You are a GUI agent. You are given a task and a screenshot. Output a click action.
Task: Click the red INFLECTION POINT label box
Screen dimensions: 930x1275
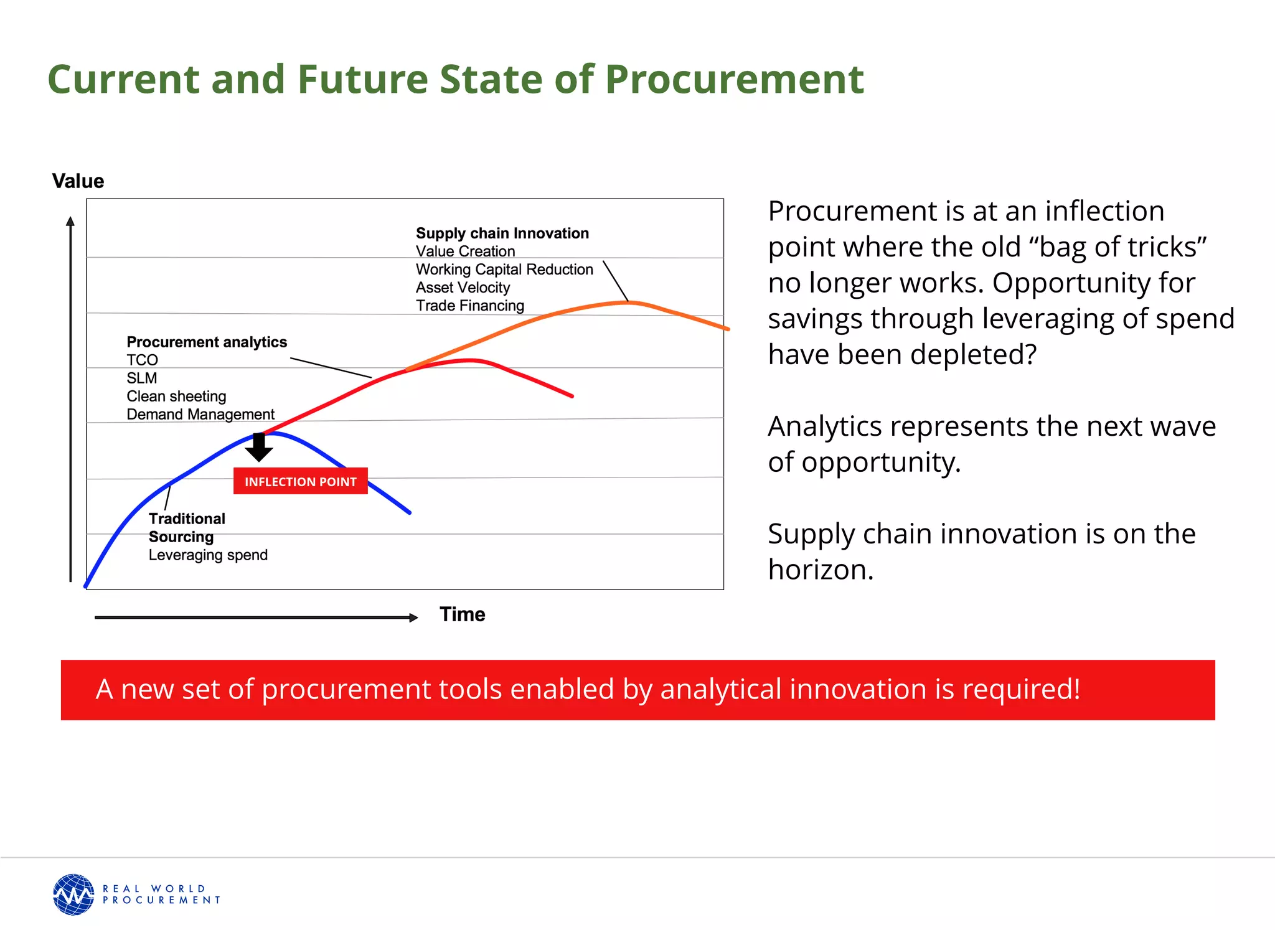(x=300, y=481)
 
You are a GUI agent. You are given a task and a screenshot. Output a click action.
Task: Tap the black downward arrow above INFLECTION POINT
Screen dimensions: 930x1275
(x=259, y=448)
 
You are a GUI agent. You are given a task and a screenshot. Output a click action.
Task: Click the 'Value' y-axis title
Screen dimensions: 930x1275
(x=78, y=181)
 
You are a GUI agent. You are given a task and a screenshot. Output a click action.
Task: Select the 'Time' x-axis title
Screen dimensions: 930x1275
(x=462, y=614)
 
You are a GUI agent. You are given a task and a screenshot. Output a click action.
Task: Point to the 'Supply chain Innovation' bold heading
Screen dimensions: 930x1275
(x=502, y=233)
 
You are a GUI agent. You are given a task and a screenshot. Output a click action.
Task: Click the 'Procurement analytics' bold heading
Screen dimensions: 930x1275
(x=207, y=342)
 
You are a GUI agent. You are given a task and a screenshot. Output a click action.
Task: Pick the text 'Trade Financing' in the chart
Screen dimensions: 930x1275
(x=470, y=306)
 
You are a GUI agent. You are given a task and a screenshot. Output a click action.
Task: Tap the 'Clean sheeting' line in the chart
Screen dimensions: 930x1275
(x=176, y=397)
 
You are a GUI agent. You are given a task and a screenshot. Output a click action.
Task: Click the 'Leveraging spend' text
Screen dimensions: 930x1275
(x=208, y=555)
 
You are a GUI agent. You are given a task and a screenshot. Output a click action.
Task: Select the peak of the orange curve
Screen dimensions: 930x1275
(x=629, y=302)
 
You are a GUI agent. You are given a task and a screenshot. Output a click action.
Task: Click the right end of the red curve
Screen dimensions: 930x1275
(x=571, y=395)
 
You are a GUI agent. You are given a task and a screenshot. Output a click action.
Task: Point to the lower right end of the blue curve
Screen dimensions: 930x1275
(x=408, y=512)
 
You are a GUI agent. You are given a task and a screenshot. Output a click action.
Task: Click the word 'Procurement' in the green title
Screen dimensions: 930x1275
(x=734, y=79)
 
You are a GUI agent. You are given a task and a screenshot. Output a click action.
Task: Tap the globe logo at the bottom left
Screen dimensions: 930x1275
(x=73, y=895)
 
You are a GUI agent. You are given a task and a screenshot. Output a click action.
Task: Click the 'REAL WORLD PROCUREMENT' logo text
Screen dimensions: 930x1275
(x=161, y=895)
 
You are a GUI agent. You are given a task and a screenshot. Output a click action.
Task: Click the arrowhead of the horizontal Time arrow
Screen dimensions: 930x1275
(x=413, y=618)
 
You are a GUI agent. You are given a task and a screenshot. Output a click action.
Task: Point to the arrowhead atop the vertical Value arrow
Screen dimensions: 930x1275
(x=70, y=221)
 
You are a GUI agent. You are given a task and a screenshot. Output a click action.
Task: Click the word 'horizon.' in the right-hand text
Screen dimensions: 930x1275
(x=821, y=570)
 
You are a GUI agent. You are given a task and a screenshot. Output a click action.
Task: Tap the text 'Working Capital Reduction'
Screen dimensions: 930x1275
(x=504, y=270)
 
